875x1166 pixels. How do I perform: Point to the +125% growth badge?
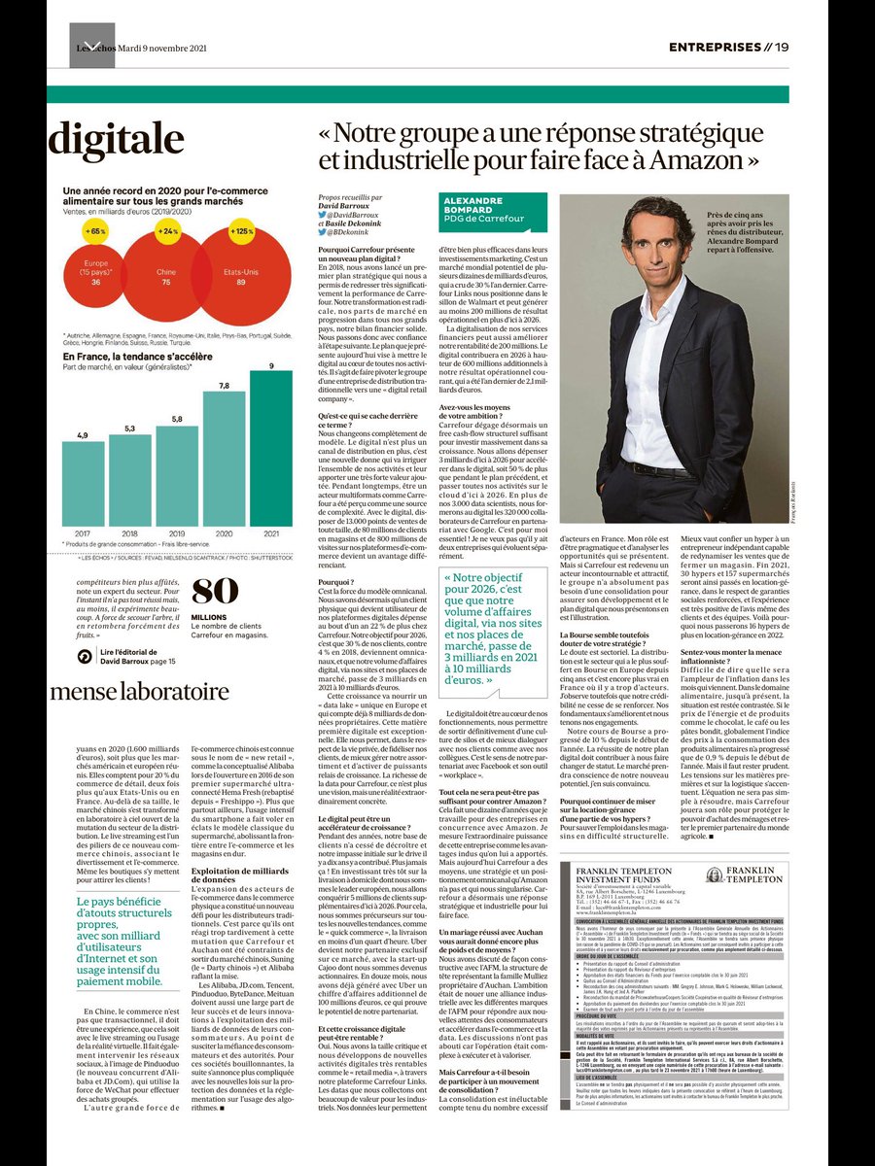[240, 231]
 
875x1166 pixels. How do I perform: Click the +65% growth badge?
[94, 232]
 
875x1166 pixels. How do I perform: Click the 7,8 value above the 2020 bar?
[225, 387]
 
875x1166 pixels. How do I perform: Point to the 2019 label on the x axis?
[177, 532]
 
